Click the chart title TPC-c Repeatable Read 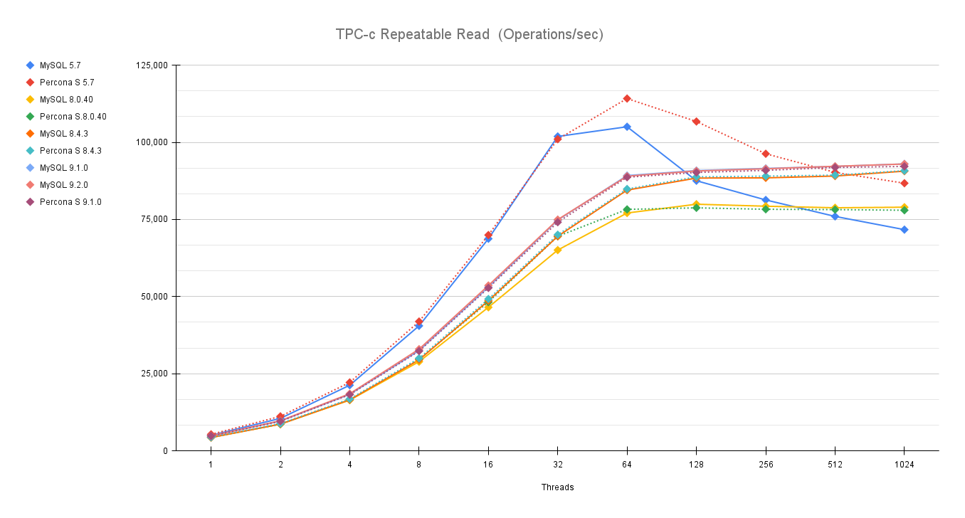tap(469, 34)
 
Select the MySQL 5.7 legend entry tap(60, 65)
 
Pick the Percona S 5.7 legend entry tap(66, 83)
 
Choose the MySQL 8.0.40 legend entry tap(65, 100)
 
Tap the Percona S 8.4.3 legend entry tap(70, 151)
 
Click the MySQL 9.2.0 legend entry tap(63, 185)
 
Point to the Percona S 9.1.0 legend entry tap(70, 202)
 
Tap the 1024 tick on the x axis tap(904, 465)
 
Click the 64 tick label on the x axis tap(627, 465)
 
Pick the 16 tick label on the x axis tap(488, 465)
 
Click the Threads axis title tap(557, 487)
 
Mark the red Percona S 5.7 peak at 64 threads tap(627, 98)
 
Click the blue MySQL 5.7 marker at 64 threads tap(627, 127)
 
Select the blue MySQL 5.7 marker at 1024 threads tap(904, 230)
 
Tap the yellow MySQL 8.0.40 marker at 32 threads tap(557, 250)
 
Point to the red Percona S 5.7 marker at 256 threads tap(765, 154)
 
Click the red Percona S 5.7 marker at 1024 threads tap(904, 183)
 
